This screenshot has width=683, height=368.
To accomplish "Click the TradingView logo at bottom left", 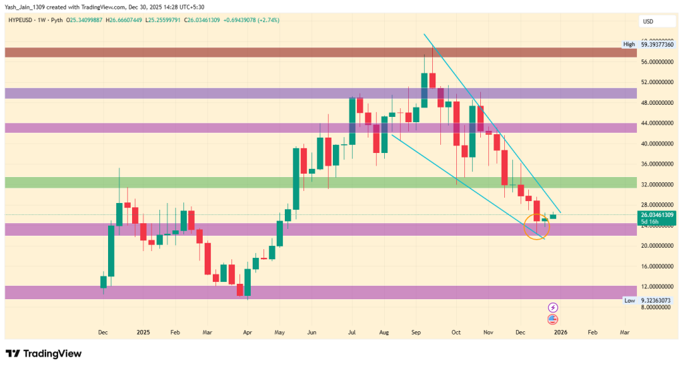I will click(43, 353).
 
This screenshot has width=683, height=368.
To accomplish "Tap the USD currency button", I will click(648, 21).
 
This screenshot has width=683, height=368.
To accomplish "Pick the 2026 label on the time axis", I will click(560, 331).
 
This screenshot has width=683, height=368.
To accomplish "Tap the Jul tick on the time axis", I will click(351, 331).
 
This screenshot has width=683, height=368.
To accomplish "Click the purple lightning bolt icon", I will click(553, 307).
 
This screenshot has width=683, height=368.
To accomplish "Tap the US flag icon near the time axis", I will click(553, 319).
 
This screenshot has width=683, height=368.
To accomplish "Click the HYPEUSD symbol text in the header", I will click(22, 20).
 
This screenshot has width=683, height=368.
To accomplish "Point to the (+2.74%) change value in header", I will click(265, 20).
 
